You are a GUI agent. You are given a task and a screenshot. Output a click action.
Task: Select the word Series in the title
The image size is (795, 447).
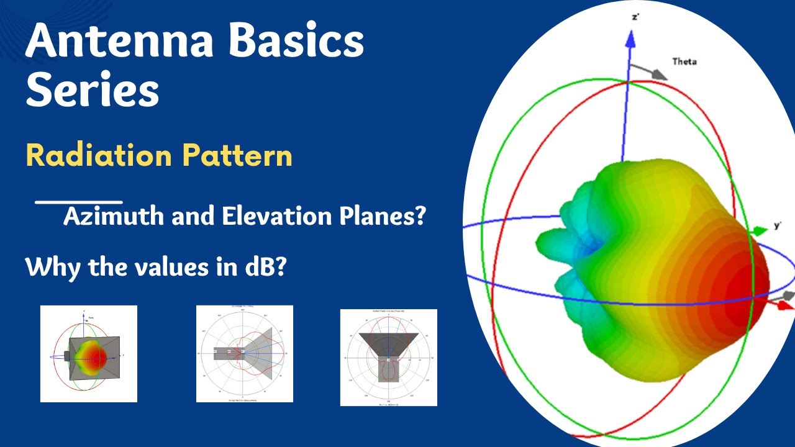93,89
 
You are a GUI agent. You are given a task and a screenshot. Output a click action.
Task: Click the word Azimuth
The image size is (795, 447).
114,217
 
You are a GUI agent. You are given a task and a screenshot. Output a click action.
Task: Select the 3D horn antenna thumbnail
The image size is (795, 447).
89,354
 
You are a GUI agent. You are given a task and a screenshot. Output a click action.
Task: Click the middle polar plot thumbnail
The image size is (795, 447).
245,354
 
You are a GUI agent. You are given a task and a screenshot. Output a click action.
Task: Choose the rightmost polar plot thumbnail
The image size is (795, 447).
388,358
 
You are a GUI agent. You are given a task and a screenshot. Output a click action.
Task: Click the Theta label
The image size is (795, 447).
684,61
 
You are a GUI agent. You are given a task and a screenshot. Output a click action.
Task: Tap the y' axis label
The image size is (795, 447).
778,225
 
